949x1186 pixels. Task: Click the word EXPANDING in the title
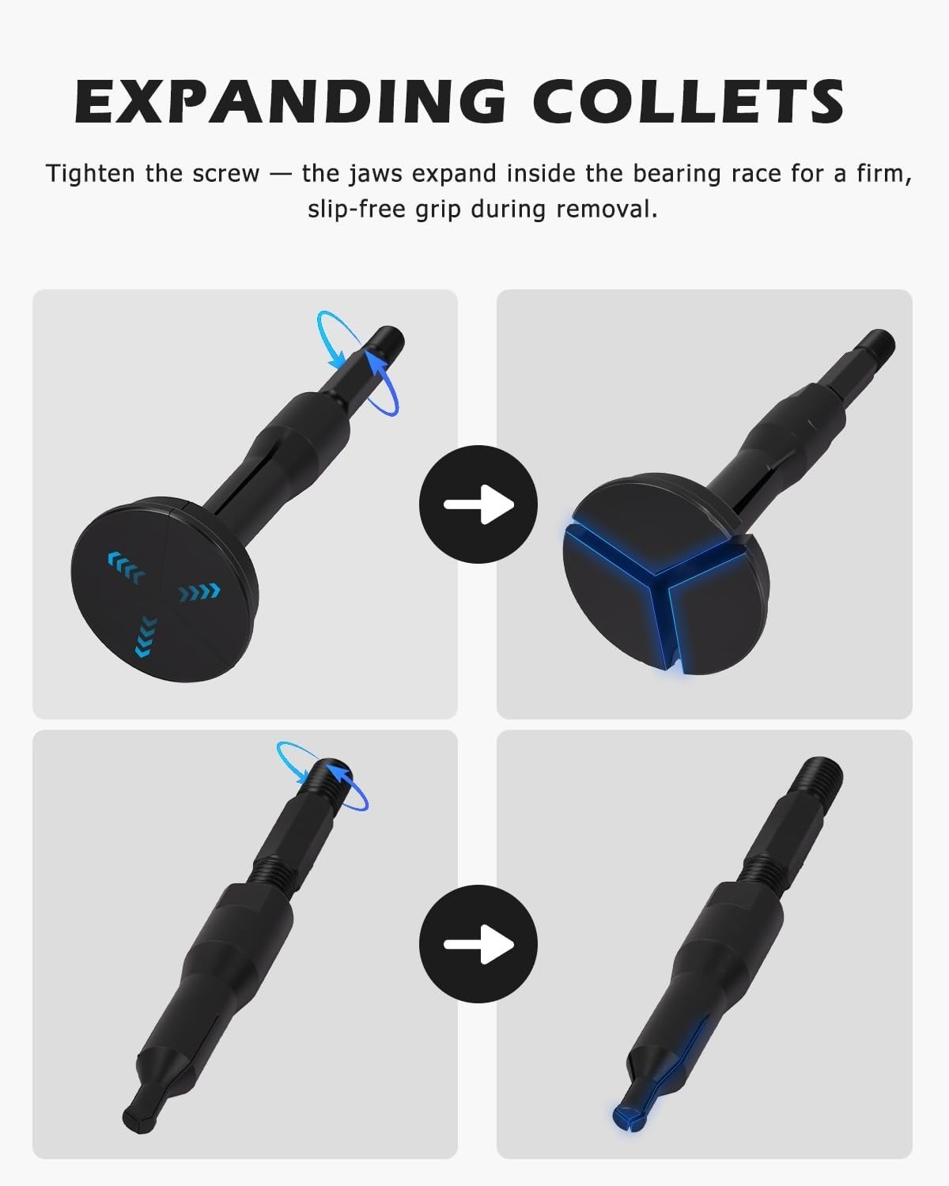[x=290, y=101]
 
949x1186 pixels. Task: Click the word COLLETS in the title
[x=688, y=101]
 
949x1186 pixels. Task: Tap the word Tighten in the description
[x=90, y=174]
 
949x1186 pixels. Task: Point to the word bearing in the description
[x=677, y=175]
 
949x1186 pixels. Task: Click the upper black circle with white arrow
[x=478, y=504]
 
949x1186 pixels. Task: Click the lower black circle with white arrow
[x=478, y=944]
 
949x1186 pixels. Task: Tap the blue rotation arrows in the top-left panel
[x=357, y=363]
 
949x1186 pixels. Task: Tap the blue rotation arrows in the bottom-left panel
[x=323, y=776]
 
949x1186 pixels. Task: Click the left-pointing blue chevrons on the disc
[x=126, y=567]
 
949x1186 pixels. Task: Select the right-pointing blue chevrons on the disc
[x=199, y=592]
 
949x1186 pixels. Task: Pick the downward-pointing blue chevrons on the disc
[x=146, y=636]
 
